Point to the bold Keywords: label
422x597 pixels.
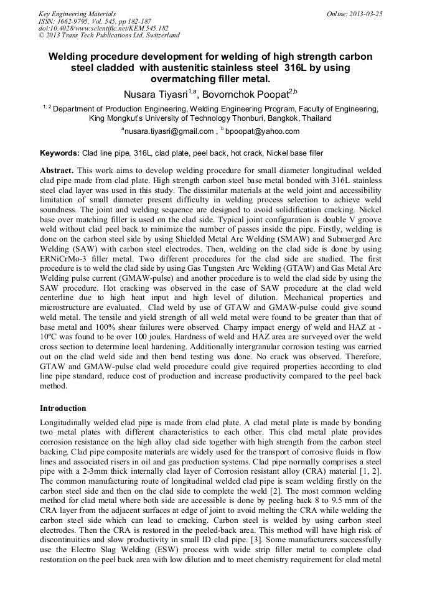(60, 153)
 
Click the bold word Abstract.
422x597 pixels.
(57, 170)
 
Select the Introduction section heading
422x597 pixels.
(63, 408)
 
